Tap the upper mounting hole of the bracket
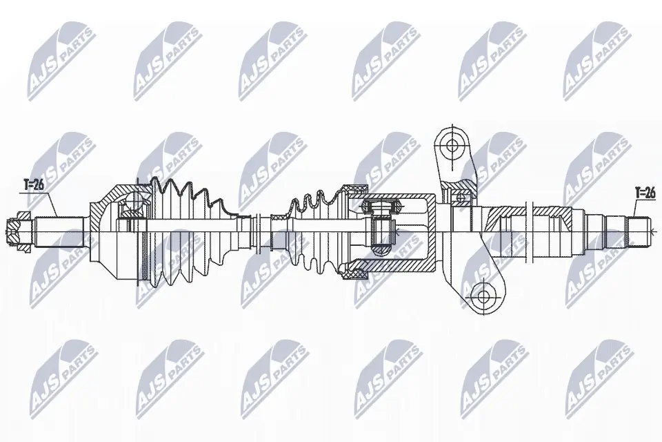[452, 146]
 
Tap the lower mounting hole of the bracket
[483, 297]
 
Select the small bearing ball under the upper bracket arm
[460, 199]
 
